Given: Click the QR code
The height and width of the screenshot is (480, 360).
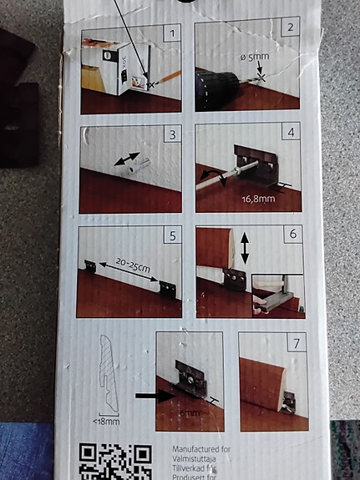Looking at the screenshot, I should click(x=115, y=462).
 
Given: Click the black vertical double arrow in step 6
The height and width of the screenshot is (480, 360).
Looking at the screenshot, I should click(x=244, y=249).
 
